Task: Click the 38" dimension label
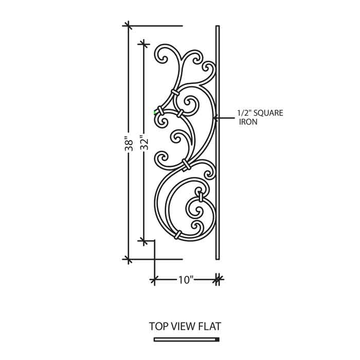[x=129, y=144]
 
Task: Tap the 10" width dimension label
[x=186, y=280]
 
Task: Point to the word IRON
[x=248, y=122]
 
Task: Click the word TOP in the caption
[x=158, y=326]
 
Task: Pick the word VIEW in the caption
[x=182, y=326]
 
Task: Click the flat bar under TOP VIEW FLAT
[x=186, y=339]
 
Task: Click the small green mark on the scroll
[x=155, y=112]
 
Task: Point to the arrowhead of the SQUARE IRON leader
[x=215, y=118]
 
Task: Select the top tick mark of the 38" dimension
[x=129, y=26]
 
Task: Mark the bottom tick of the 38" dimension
[x=129, y=259]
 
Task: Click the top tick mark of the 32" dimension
[x=144, y=44]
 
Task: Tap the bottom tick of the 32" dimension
[x=144, y=241]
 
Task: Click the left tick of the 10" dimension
[x=154, y=280]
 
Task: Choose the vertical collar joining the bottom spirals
[x=201, y=196]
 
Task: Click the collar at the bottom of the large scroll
[x=178, y=235]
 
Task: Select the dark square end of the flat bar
[x=218, y=339]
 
